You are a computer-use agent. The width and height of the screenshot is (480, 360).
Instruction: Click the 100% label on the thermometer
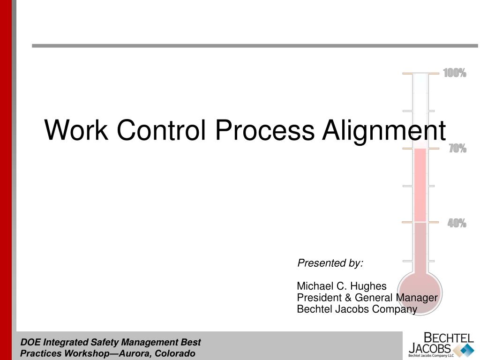pyautogui.click(x=455, y=73)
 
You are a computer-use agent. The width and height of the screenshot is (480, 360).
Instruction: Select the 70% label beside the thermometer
pyautogui.click(x=457, y=149)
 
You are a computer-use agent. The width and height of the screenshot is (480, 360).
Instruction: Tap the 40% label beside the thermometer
pyautogui.click(x=457, y=224)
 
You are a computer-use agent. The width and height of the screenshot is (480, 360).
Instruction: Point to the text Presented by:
pyautogui.click(x=330, y=263)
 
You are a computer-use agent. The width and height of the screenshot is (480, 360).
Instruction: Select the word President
pyautogui.click(x=317, y=298)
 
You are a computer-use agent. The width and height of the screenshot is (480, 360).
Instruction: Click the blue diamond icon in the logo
pyautogui.click(x=464, y=350)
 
